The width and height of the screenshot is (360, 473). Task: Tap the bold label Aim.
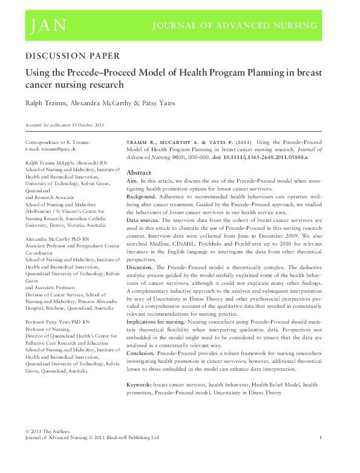pos(133,181)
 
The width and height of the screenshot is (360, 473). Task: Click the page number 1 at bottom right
pos(320,437)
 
